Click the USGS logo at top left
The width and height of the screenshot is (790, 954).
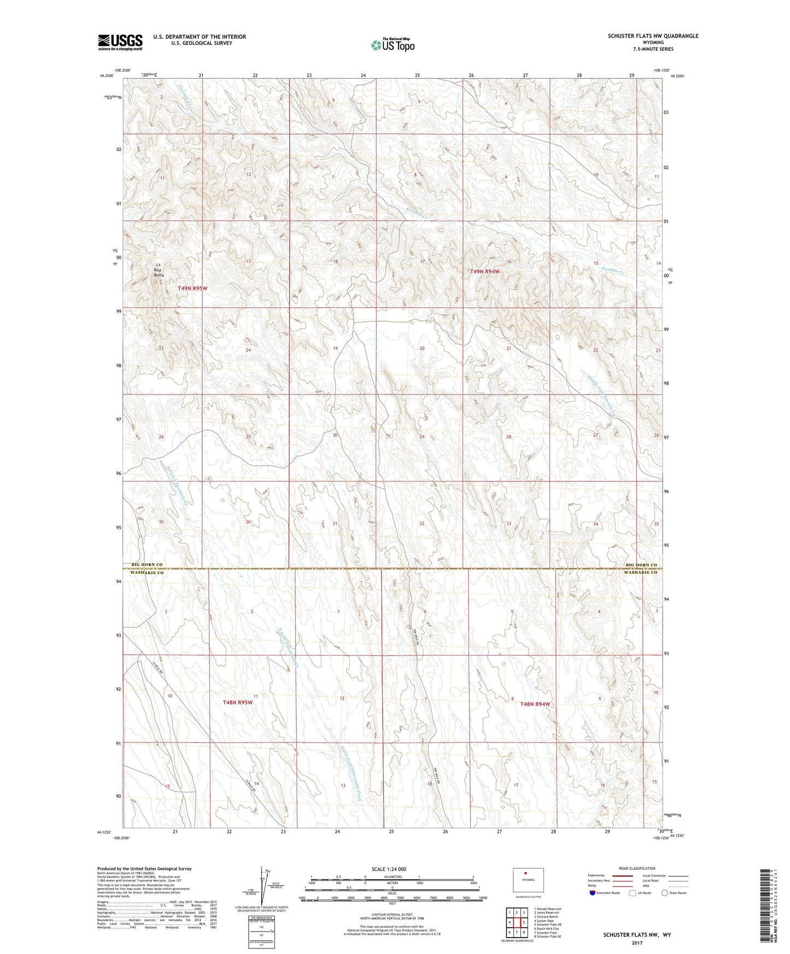click(x=120, y=42)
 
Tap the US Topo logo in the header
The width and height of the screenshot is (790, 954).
click(x=393, y=45)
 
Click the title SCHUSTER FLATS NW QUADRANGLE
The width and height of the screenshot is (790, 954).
click(x=653, y=36)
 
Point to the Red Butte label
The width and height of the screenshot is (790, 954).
click(x=158, y=273)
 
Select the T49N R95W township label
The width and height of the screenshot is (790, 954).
click(x=192, y=288)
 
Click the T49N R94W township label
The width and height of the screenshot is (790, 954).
click(x=485, y=271)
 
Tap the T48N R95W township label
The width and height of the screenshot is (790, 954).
click(x=238, y=703)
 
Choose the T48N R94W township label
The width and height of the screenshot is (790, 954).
click(x=535, y=704)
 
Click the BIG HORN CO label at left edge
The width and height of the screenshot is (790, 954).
click(x=147, y=564)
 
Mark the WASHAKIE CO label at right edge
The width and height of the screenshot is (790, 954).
click(x=641, y=572)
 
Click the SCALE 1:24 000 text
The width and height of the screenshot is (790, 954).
click(x=389, y=869)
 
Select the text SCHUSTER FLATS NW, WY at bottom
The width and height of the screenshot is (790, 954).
click(x=637, y=935)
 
